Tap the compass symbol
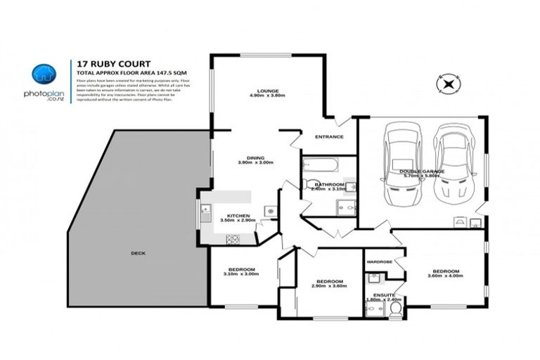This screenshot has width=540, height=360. coord(447,85)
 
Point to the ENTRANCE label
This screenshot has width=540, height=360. coord(329,136)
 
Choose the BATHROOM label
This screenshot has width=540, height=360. coord(328,184)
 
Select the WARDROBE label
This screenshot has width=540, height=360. coord(380,262)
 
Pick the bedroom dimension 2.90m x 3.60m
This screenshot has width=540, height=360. coord(330,285)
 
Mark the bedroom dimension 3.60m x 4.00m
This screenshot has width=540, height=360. coord(446,276)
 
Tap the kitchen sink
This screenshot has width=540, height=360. coord(206,212)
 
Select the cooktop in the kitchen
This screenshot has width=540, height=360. coord(233,239)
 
